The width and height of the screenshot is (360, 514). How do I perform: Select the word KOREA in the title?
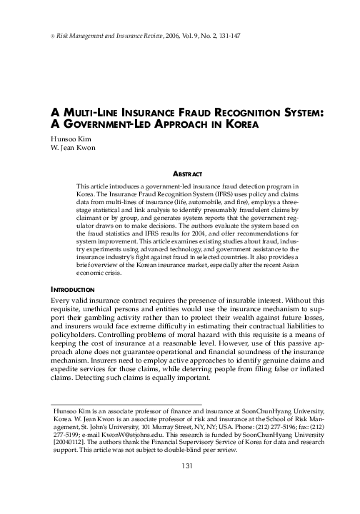click(x=236, y=124)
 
